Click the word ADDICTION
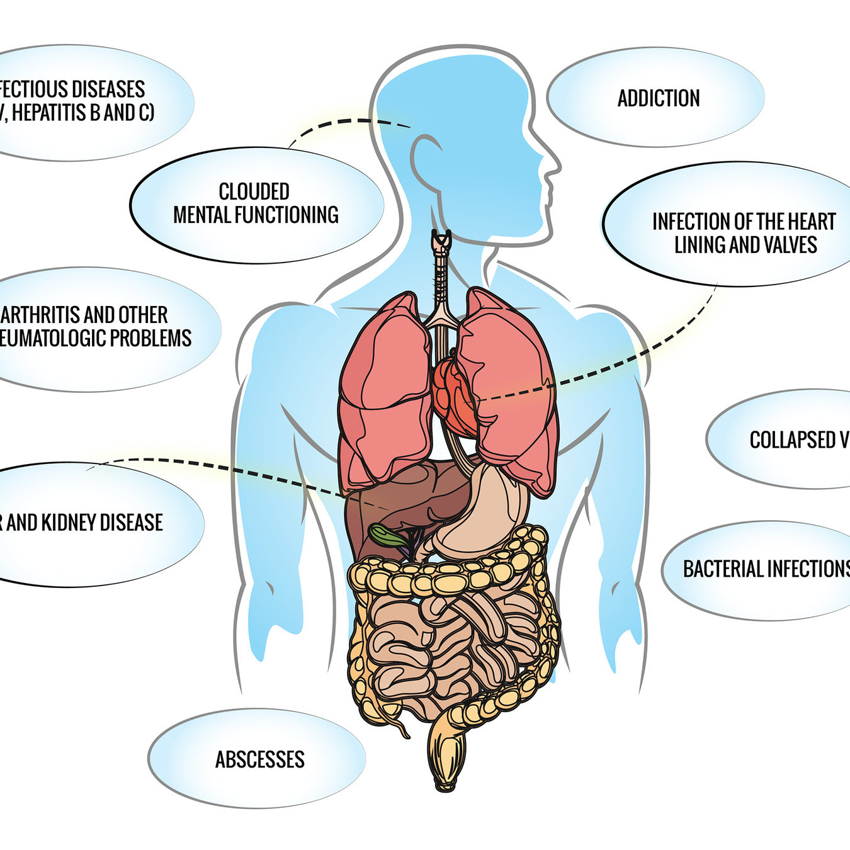658,98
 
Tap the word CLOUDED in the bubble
254,191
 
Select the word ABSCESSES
259,759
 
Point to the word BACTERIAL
723,569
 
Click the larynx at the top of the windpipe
441,242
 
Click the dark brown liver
403,497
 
